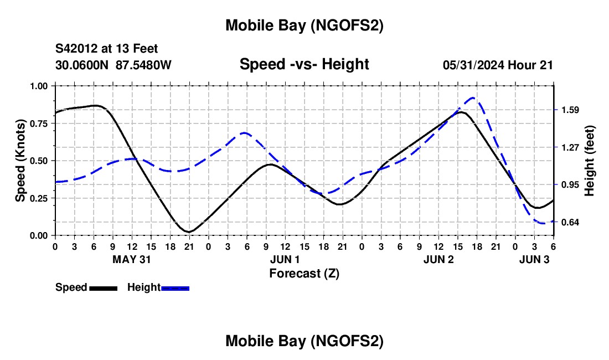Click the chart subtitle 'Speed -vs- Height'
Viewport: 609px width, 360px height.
tap(304, 65)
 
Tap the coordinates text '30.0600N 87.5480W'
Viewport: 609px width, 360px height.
tap(113, 65)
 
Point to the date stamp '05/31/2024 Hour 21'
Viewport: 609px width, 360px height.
tap(498, 65)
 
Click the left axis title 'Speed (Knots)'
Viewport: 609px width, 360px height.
tap(20, 161)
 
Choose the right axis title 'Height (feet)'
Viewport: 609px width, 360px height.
tap(589, 161)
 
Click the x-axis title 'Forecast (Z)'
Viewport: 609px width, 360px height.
tap(304, 273)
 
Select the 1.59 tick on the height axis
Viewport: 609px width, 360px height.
tap(570, 110)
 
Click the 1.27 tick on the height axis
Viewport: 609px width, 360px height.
tap(570, 147)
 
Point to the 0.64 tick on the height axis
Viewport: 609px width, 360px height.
tap(570, 223)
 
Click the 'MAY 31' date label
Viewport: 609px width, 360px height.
tap(132, 259)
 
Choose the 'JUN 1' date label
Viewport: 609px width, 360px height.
tap(285, 259)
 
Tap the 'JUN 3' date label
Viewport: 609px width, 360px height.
tap(534, 259)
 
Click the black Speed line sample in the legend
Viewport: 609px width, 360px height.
tap(103, 288)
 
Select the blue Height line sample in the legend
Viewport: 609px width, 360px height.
tap(176, 288)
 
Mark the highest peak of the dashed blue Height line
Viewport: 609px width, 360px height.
tap(472, 98)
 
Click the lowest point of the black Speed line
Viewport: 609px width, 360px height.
tap(189, 232)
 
